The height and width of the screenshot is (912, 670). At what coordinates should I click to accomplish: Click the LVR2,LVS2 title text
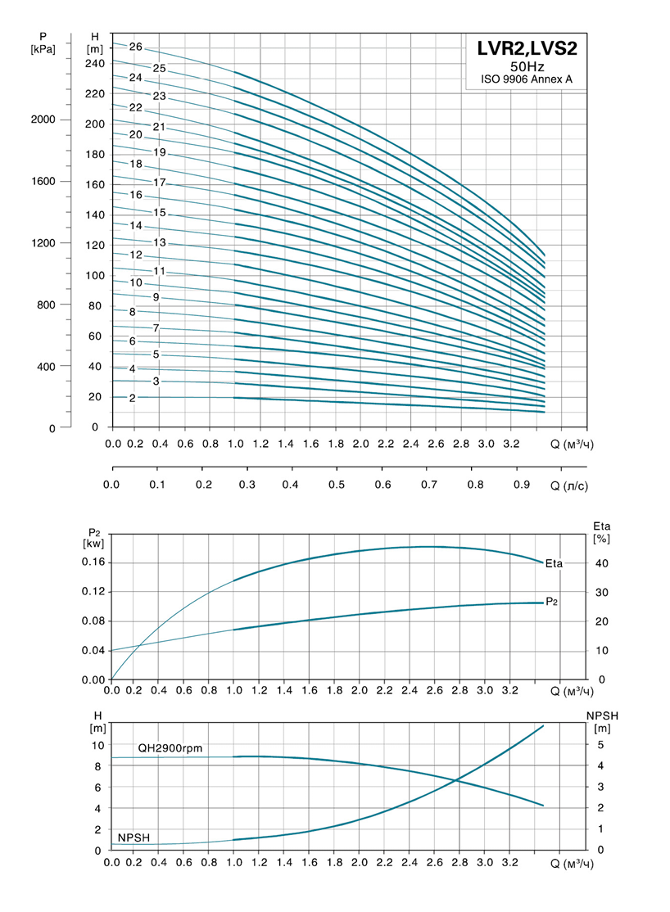(x=527, y=48)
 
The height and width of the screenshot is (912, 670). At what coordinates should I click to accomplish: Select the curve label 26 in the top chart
(x=136, y=47)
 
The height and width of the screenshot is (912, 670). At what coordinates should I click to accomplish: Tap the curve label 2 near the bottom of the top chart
(x=132, y=398)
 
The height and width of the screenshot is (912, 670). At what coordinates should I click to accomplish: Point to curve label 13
(x=160, y=243)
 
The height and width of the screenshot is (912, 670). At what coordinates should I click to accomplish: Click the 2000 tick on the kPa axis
(x=43, y=120)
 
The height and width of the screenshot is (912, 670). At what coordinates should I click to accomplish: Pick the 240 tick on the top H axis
(x=95, y=63)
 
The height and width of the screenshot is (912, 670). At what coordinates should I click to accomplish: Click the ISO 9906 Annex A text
(x=527, y=80)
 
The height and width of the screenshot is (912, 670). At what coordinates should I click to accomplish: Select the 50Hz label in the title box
(x=527, y=66)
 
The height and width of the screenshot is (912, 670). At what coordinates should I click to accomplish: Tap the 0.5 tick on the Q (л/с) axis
(x=336, y=485)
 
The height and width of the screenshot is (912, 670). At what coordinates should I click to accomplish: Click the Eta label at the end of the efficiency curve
(x=555, y=562)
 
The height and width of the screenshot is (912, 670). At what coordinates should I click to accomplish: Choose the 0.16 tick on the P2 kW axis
(x=94, y=562)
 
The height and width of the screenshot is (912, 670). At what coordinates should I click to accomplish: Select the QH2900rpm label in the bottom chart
(x=170, y=747)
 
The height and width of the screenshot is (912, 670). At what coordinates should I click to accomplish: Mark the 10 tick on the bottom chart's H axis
(x=98, y=745)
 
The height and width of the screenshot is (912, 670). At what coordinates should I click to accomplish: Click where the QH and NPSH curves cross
(x=456, y=780)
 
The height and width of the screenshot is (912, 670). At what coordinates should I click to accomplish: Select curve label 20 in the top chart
(x=136, y=134)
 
